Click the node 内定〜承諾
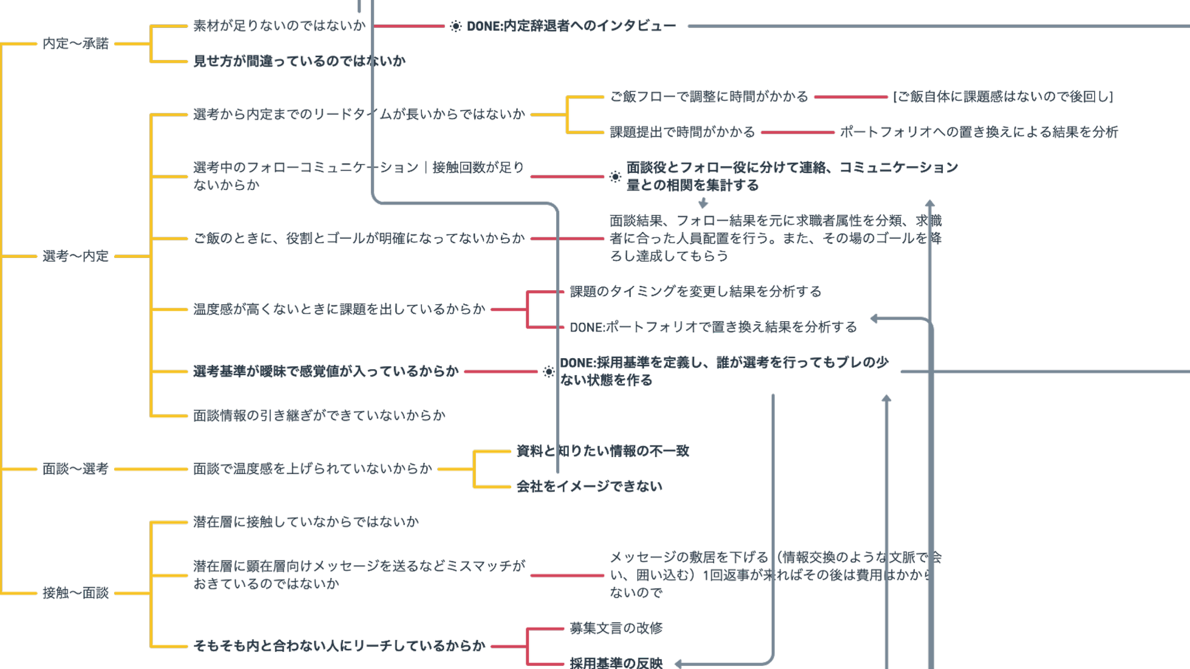coord(75,44)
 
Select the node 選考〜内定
coord(75,256)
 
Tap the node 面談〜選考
coord(75,469)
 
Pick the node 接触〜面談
coord(75,593)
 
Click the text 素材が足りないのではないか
coord(279,25)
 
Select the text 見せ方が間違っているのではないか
coord(299,61)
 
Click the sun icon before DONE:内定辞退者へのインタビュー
coord(455,26)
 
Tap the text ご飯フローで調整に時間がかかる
coord(709,97)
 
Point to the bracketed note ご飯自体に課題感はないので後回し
coord(1002,97)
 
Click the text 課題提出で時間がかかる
coord(682,132)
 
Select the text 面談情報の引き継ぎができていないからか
coord(319,415)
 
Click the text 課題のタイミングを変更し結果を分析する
coord(695,291)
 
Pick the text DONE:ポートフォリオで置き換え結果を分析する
coord(713,327)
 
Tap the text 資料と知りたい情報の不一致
coord(602,451)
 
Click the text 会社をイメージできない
coord(589,486)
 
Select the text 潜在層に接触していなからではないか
coord(305,521)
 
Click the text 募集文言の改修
coord(616,628)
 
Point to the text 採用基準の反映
coord(616,662)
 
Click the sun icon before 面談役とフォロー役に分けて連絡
coord(616,177)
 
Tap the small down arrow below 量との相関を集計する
coord(703,203)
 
